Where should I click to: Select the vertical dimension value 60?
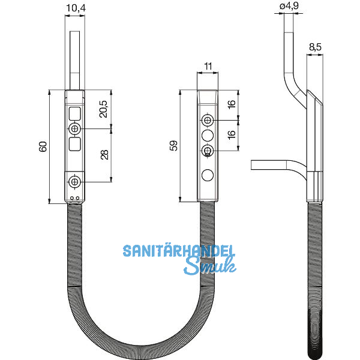click(43, 147)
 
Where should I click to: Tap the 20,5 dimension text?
click(104, 109)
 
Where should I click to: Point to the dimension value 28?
click(104, 155)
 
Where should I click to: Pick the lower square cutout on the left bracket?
click(75, 144)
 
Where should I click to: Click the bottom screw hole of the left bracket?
click(75, 181)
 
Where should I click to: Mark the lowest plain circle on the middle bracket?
click(207, 175)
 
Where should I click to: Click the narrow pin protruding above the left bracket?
click(74, 60)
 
